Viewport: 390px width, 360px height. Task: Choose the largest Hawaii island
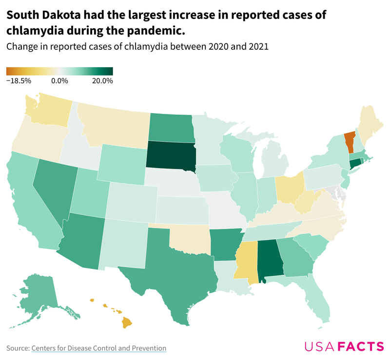(127, 322)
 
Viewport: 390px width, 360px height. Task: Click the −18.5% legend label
(19, 80)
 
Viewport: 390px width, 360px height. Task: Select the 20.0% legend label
(103, 80)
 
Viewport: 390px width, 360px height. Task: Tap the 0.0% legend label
(59, 80)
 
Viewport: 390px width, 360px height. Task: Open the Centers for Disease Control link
(99, 348)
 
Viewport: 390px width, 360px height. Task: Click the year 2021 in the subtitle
(259, 47)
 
